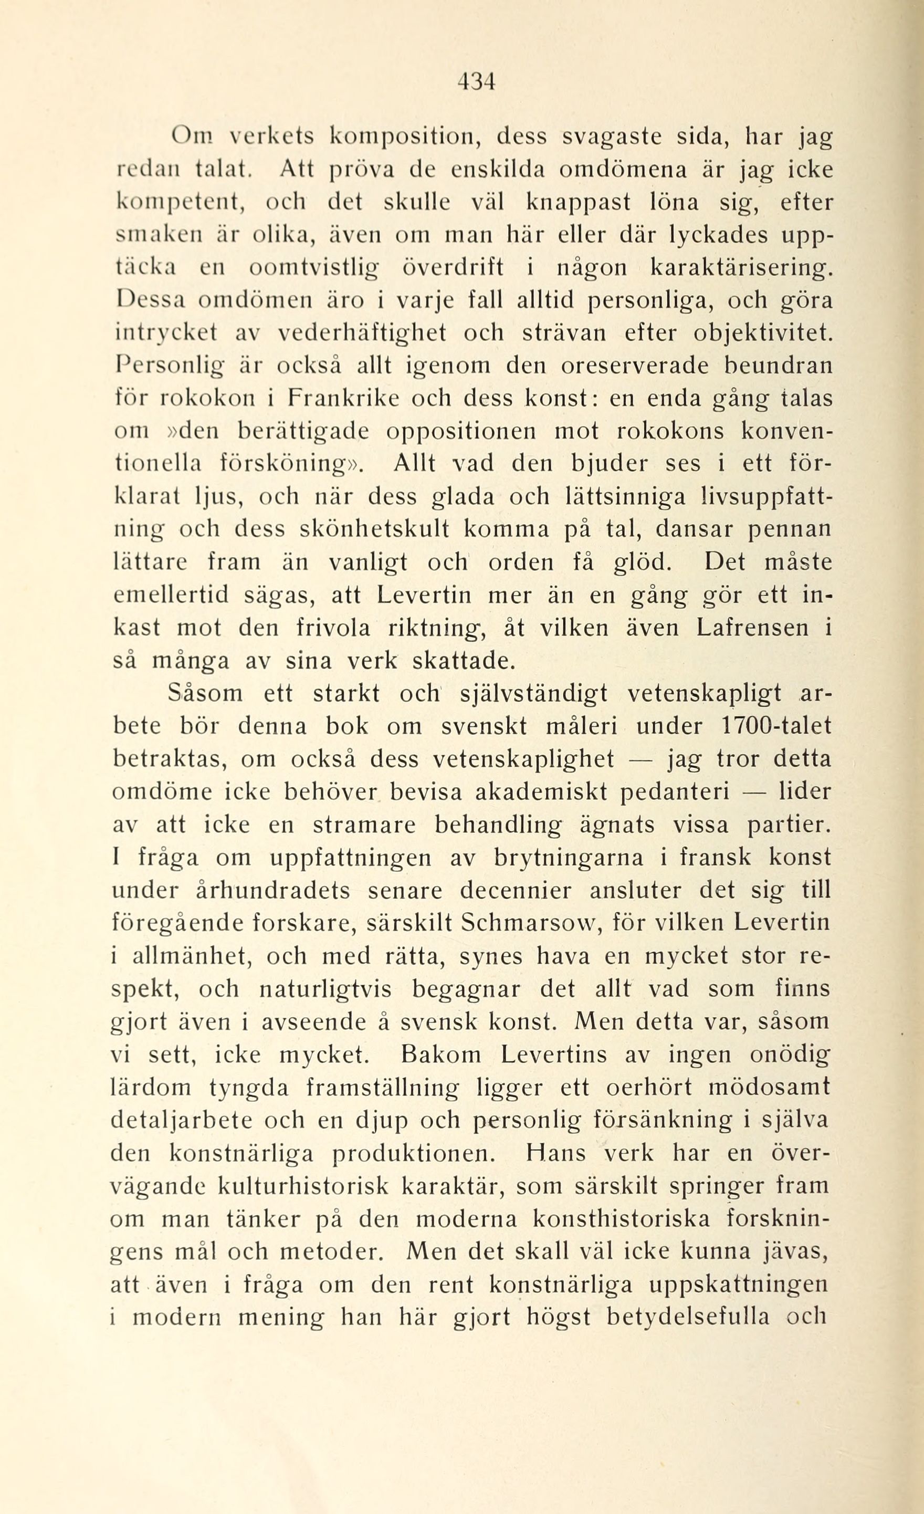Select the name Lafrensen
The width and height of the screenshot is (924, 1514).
753,628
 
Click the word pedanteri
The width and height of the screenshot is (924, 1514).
675,792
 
